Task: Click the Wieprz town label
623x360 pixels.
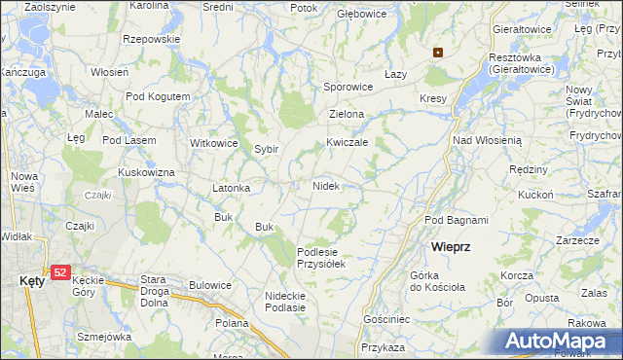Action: point(452,247)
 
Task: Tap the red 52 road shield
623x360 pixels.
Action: point(60,274)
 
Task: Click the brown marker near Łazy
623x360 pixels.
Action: point(438,53)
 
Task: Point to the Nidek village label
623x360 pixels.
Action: point(325,185)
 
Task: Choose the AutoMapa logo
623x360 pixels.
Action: point(561,342)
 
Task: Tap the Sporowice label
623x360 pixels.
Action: point(348,87)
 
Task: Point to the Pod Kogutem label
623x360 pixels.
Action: point(158,96)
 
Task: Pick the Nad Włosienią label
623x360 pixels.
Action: point(488,140)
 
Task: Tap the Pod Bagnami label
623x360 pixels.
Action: point(456,220)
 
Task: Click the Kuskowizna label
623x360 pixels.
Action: point(146,172)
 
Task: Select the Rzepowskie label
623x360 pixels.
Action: point(152,39)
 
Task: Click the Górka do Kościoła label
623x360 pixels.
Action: point(440,282)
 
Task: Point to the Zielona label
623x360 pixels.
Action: point(346,114)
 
